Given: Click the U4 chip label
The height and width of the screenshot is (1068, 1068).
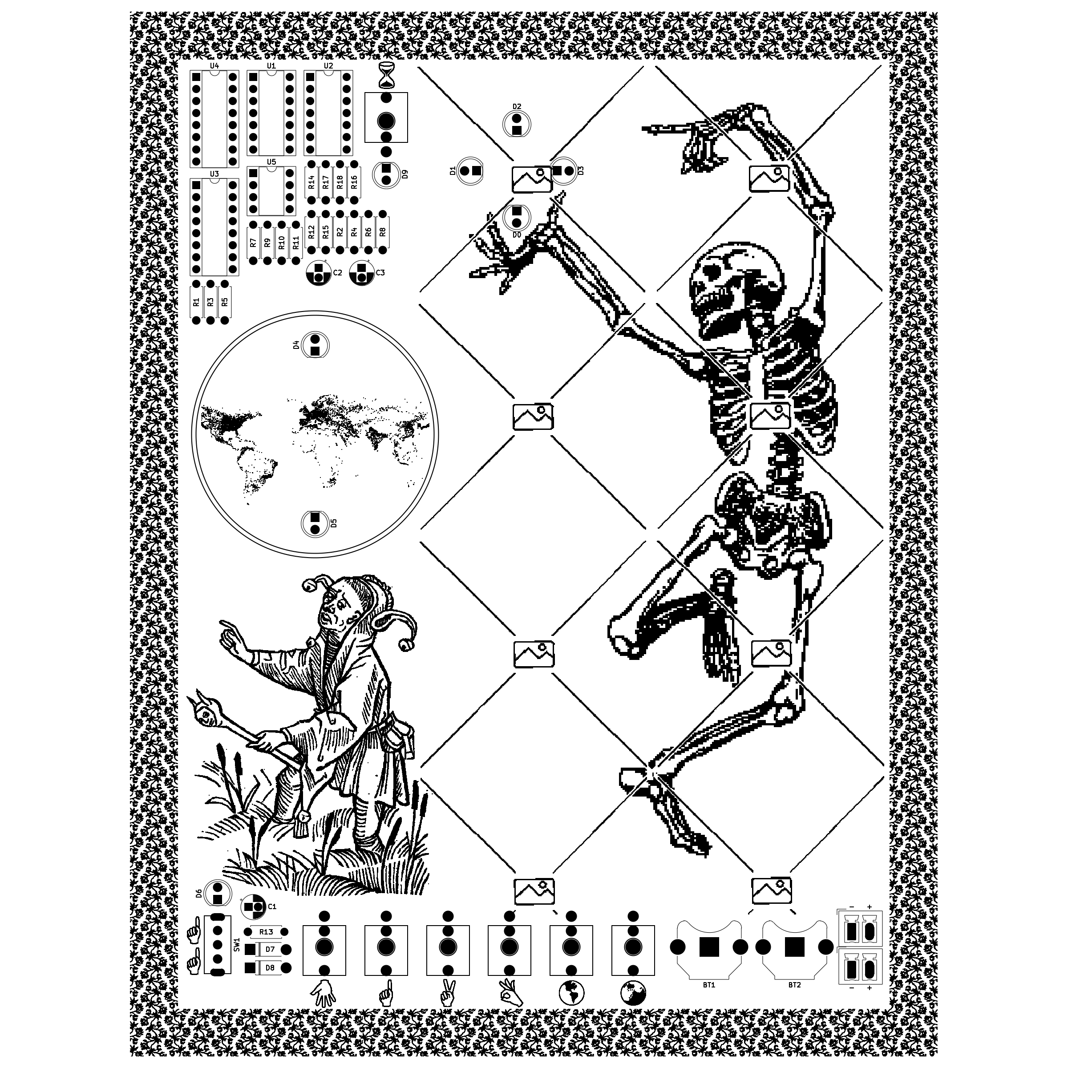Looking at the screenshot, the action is click(214, 66).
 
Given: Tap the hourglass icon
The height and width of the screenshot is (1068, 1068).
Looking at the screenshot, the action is click(386, 76).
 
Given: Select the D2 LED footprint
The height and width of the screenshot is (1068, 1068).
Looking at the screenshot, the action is click(517, 124).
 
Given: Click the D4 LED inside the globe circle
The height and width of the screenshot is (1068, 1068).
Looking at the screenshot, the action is click(315, 344).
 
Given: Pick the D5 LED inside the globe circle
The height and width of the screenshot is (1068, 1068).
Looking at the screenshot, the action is click(315, 523).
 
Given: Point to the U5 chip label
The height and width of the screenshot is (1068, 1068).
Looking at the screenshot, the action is click(271, 162).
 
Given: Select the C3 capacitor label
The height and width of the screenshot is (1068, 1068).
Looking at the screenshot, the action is click(380, 273).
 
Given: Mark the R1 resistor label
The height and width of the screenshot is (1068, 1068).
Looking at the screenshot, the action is click(196, 303).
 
